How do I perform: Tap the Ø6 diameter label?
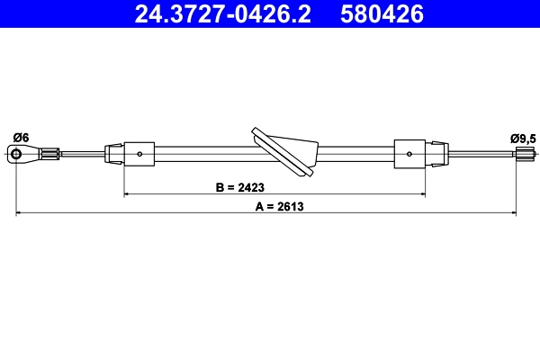[21, 138]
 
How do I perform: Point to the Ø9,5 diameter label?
[522, 138]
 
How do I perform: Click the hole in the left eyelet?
[17, 155]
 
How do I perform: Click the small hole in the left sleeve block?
[142, 155]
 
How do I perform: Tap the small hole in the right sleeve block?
[409, 155]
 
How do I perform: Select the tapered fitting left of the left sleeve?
[115, 154]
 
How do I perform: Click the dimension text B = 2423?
[240, 188]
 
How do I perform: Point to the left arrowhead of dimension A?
[21, 213]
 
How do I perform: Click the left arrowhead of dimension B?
[127, 194]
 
